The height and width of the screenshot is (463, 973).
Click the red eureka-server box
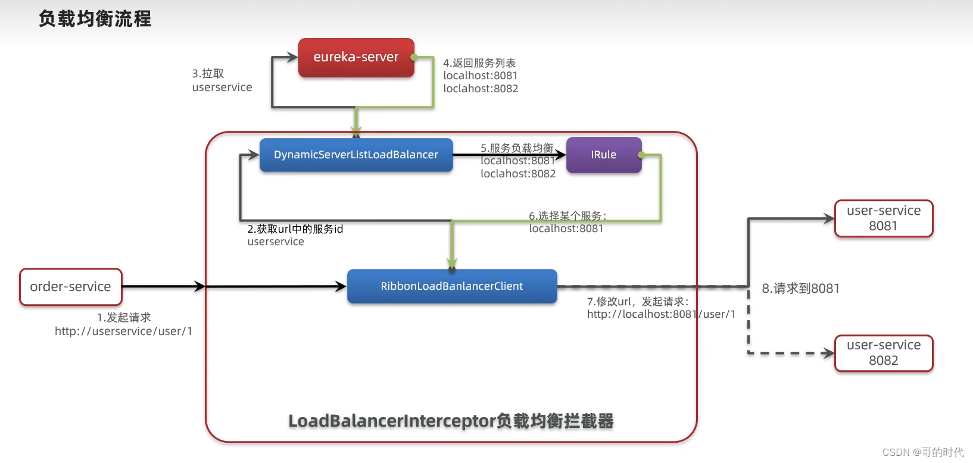click(x=356, y=58)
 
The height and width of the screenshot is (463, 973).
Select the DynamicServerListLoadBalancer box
click(x=356, y=155)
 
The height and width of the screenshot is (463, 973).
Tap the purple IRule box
click(x=603, y=155)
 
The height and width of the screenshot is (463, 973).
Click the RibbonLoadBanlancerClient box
click(x=451, y=286)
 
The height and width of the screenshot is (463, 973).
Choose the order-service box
click(x=70, y=287)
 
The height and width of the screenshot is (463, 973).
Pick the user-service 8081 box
click(x=884, y=218)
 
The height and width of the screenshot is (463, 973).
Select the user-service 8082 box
click(x=884, y=353)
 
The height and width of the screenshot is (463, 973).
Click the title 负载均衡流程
click(x=95, y=19)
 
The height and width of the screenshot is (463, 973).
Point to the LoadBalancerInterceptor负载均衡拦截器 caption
click(x=451, y=421)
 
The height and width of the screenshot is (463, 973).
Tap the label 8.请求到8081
click(x=800, y=289)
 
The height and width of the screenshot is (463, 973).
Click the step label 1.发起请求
click(x=124, y=318)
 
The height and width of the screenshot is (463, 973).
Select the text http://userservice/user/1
click(x=124, y=331)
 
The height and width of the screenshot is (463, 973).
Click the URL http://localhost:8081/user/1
click(x=661, y=314)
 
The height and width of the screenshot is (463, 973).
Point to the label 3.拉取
click(x=208, y=74)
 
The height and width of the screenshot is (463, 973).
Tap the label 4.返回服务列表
click(x=479, y=63)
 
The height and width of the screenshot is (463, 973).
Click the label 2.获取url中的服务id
click(x=295, y=229)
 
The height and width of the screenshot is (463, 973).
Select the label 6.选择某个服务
click(x=567, y=215)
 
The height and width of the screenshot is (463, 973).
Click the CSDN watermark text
click(x=922, y=452)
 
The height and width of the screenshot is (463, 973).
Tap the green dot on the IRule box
click(x=641, y=155)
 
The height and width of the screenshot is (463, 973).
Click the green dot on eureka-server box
click(x=414, y=57)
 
